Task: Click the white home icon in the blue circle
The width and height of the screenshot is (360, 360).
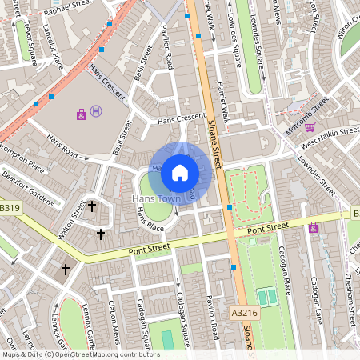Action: [180, 173]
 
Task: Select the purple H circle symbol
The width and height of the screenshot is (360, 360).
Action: [97, 111]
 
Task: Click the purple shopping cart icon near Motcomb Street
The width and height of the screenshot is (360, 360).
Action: [310, 126]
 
